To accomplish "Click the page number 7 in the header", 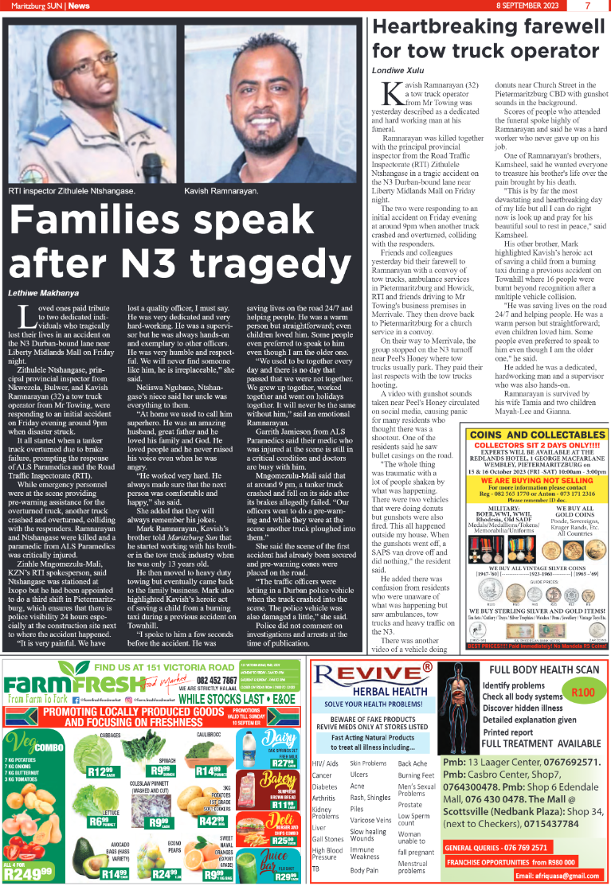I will point(587,6).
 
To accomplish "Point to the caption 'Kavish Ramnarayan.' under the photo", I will point(221,192).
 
